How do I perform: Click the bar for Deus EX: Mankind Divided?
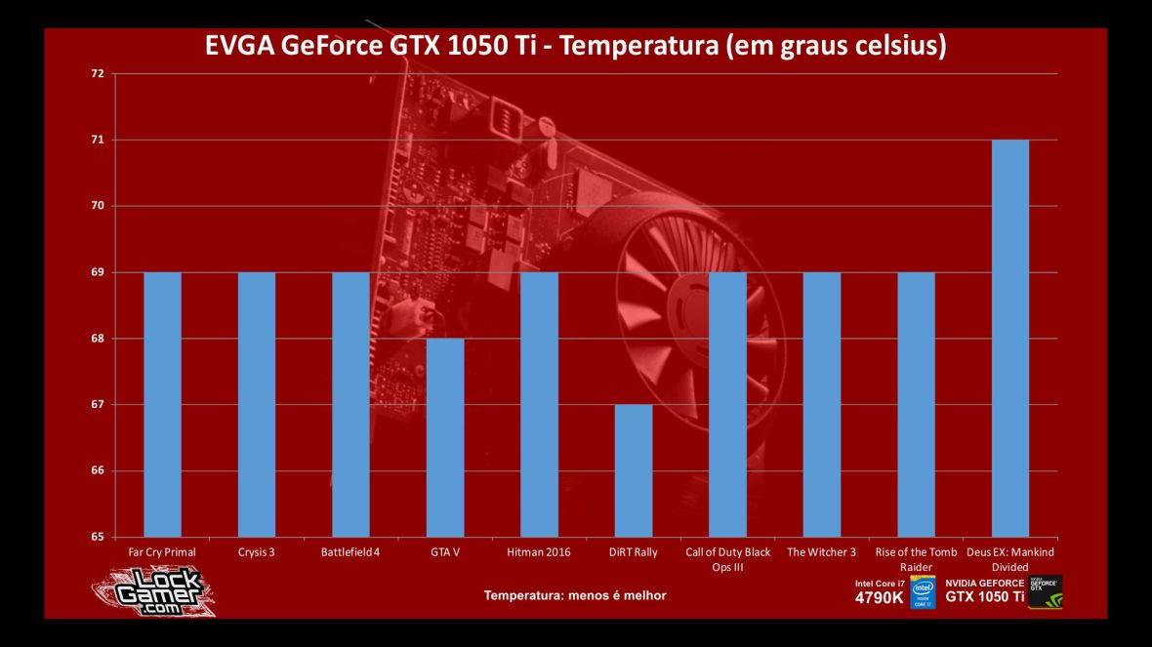(1010, 338)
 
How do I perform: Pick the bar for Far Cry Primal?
(162, 404)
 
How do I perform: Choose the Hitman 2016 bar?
(540, 404)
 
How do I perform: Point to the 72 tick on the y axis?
(95, 73)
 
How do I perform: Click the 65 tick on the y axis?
(95, 537)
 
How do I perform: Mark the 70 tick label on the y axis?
(95, 206)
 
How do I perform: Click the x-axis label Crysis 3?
(257, 552)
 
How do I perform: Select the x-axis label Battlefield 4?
(351, 552)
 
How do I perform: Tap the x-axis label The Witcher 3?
(822, 552)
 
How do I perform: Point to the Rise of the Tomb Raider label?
(916, 559)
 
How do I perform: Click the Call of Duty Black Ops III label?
(728, 559)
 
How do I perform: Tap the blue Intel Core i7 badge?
(924, 591)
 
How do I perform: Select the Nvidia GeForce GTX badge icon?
(1046, 591)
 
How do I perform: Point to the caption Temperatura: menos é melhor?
(576, 595)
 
